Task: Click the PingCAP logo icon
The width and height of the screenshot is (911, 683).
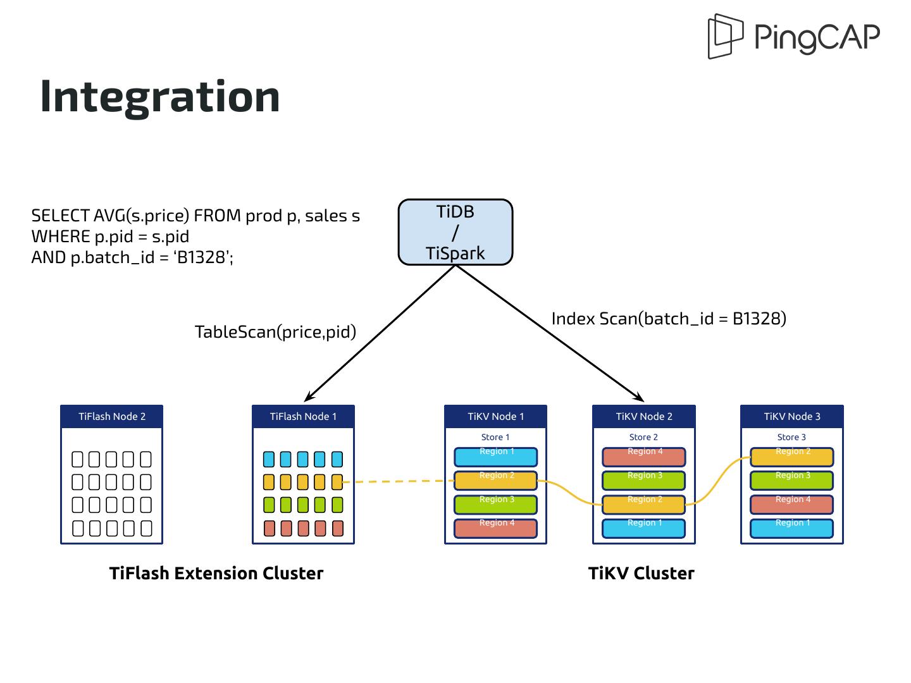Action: (x=725, y=36)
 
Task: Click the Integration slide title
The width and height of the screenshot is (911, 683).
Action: (x=160, y=96)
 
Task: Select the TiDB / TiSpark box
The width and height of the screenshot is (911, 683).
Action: (x=455, y=232)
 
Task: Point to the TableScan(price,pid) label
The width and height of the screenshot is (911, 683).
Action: (x=275, y=331)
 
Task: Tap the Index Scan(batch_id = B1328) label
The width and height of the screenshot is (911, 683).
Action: (x=669, y=318)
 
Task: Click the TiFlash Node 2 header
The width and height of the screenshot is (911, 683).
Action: (x=112, y=416)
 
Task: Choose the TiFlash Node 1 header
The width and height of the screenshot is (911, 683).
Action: (x=303, y=416)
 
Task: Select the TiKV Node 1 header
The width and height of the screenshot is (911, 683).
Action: (x=495, y=416)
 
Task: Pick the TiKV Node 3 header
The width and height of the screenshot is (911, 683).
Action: (x=792, y=416)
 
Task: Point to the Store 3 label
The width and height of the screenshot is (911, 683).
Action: (x=792, y=437)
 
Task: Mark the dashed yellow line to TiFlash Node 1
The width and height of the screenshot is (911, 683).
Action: (x=399, y=482)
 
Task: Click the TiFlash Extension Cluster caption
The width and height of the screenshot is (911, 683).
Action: (x=216, y=573)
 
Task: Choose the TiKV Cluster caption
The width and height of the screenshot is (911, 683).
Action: (x=641, y=573)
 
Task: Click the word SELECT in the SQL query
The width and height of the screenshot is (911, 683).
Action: (x=60, y=216)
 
